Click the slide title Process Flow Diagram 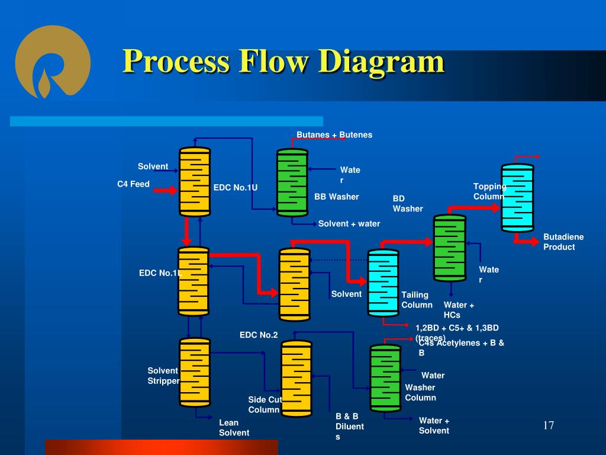[x=283, y=62]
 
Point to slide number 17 [x=549, y=426]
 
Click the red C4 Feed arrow [x=165, y=190]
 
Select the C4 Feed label [x=133, y=184]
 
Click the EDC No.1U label [x=236, y=188]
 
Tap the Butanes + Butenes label [x=334, y=135]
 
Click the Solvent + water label [x=349, y=224]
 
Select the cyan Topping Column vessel [x=517, y=197]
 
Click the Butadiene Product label [x=563, y=242]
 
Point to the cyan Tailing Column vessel [x=383, y=282]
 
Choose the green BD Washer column [x=450, y=247]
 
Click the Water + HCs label [x=459, y=310]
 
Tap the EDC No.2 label [x=259, y=335]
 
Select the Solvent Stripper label [x=163, y=376]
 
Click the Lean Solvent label [x=234, y=427]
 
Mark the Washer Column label [x=420, y=392]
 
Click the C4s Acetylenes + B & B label [x=462, y=347]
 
